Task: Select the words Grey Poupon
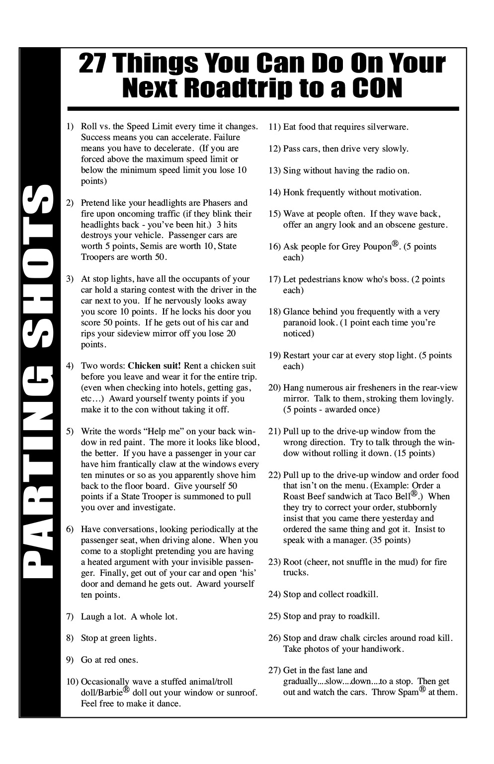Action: point(366,247)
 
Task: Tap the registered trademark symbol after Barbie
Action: point(126,689)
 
